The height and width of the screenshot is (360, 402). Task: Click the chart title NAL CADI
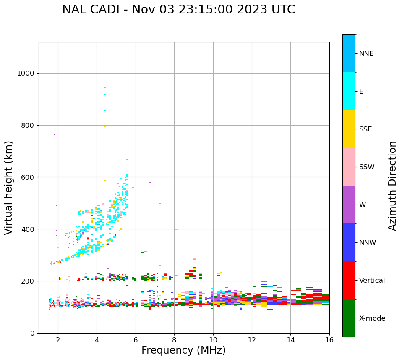click(x=178, y=10)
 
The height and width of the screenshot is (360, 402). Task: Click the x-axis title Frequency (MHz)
click(x=183, y=350)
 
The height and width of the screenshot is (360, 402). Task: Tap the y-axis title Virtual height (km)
click(x=9, y=188)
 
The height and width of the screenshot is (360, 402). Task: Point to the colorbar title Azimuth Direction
click(x=392, y=186)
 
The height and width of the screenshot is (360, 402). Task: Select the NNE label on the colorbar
click(x=366, y=54)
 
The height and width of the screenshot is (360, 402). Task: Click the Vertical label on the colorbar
click(x=372, y=281)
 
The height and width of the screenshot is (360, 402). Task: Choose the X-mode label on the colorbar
click(x=372, y=318)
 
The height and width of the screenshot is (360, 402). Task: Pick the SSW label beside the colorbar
click(x=367, y=167)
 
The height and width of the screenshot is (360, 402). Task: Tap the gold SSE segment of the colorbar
click(x=349, y=129)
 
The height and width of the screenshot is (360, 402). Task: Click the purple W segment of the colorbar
click(x=349, y=205)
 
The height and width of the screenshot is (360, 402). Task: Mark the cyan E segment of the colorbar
click(x=349, y=91)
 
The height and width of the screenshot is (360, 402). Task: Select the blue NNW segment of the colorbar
click(x=349, y=242)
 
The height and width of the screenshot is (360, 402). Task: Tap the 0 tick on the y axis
click(x=32, y=333)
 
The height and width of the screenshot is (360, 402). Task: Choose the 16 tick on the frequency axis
click(x=329, y=340)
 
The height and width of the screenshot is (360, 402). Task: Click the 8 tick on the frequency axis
click(x=174, y=340)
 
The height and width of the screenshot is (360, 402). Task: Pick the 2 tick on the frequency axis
click(x=58, y=340)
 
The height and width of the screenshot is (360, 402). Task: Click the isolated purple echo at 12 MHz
click(x=252, y=160)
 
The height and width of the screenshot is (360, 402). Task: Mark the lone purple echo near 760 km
click(x=54, y=135)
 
